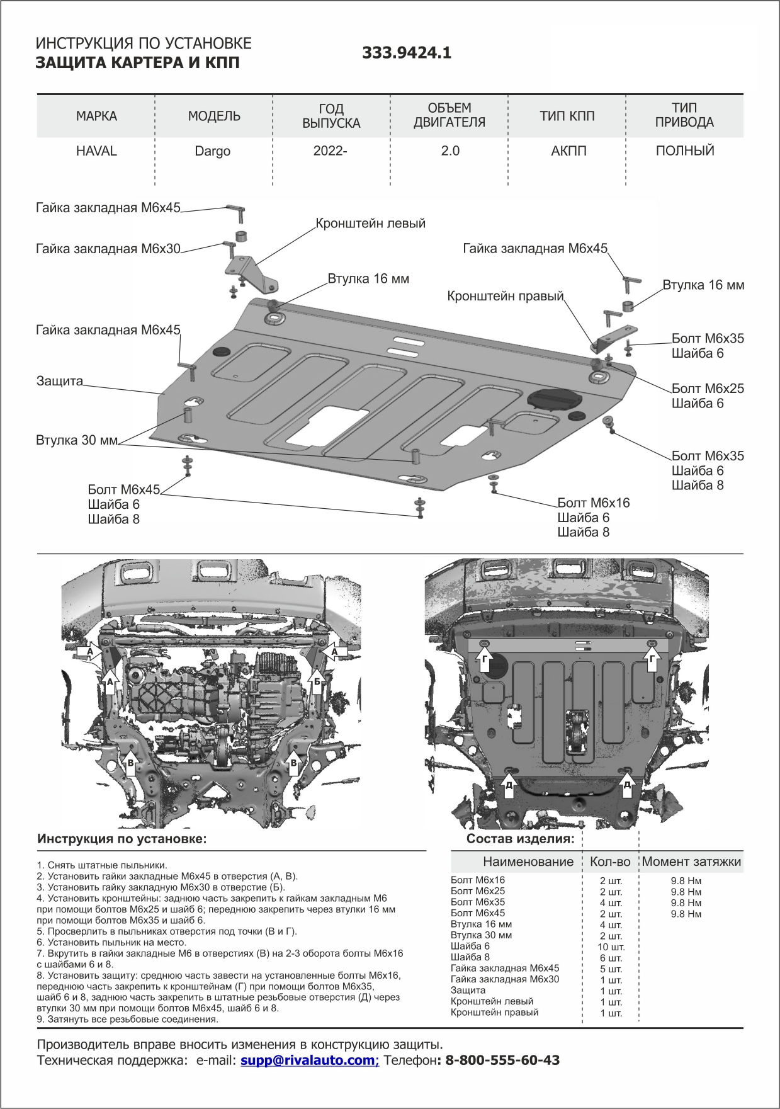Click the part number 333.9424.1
(407, 53)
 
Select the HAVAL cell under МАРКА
(96, 151)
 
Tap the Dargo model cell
(212, 152)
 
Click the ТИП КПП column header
(567, 116)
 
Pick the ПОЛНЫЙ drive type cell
(685, 151)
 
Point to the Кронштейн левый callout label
(370, 224)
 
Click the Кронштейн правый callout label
(505, 296)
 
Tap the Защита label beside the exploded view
(60, 381)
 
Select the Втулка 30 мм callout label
(77, 440)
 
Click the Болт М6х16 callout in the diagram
(593, 503)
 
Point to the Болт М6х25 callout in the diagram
(708, 389)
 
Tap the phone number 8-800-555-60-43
(502, 1061)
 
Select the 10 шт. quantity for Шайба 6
(611, 947)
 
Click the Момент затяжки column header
(691, 862)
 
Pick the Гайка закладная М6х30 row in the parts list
(505, 979)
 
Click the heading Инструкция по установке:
(122, 839)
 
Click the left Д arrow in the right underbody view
(509, 784)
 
